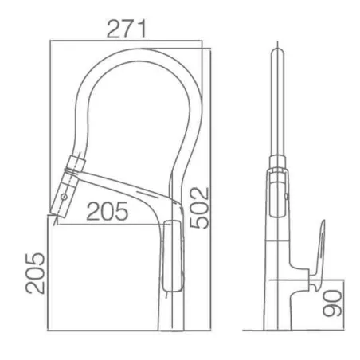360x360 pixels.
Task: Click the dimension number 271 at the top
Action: coord(127,29)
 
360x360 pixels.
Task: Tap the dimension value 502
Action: coord(199,208)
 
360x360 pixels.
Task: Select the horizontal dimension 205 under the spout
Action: coord(108,211)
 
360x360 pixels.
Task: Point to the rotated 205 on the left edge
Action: coord(35,273)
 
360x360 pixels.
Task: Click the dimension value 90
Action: coord(332,303)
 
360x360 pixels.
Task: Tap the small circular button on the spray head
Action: coord(64,197)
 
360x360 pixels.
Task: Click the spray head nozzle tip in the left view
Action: coord(57,214)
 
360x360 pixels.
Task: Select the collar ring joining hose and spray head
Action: coord(77,162)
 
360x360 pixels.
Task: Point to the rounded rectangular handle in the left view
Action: coord(173,256)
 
